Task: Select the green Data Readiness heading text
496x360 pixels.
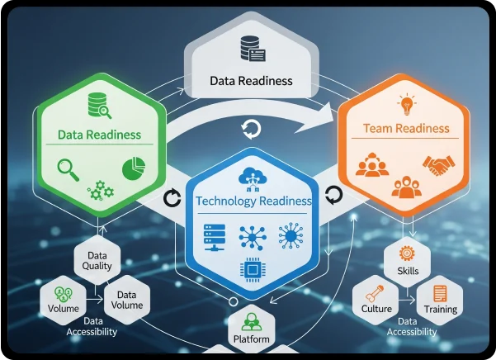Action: click(99, 135)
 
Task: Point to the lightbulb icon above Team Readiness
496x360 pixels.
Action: click(405, 105)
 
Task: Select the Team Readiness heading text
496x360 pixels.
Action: click(406, 129)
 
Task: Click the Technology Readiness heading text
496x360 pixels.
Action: click(253, 201)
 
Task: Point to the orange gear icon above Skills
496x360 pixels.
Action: click(405, 252)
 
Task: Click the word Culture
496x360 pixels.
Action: click(376, 309)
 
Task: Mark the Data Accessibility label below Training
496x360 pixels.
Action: click(412, 326)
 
